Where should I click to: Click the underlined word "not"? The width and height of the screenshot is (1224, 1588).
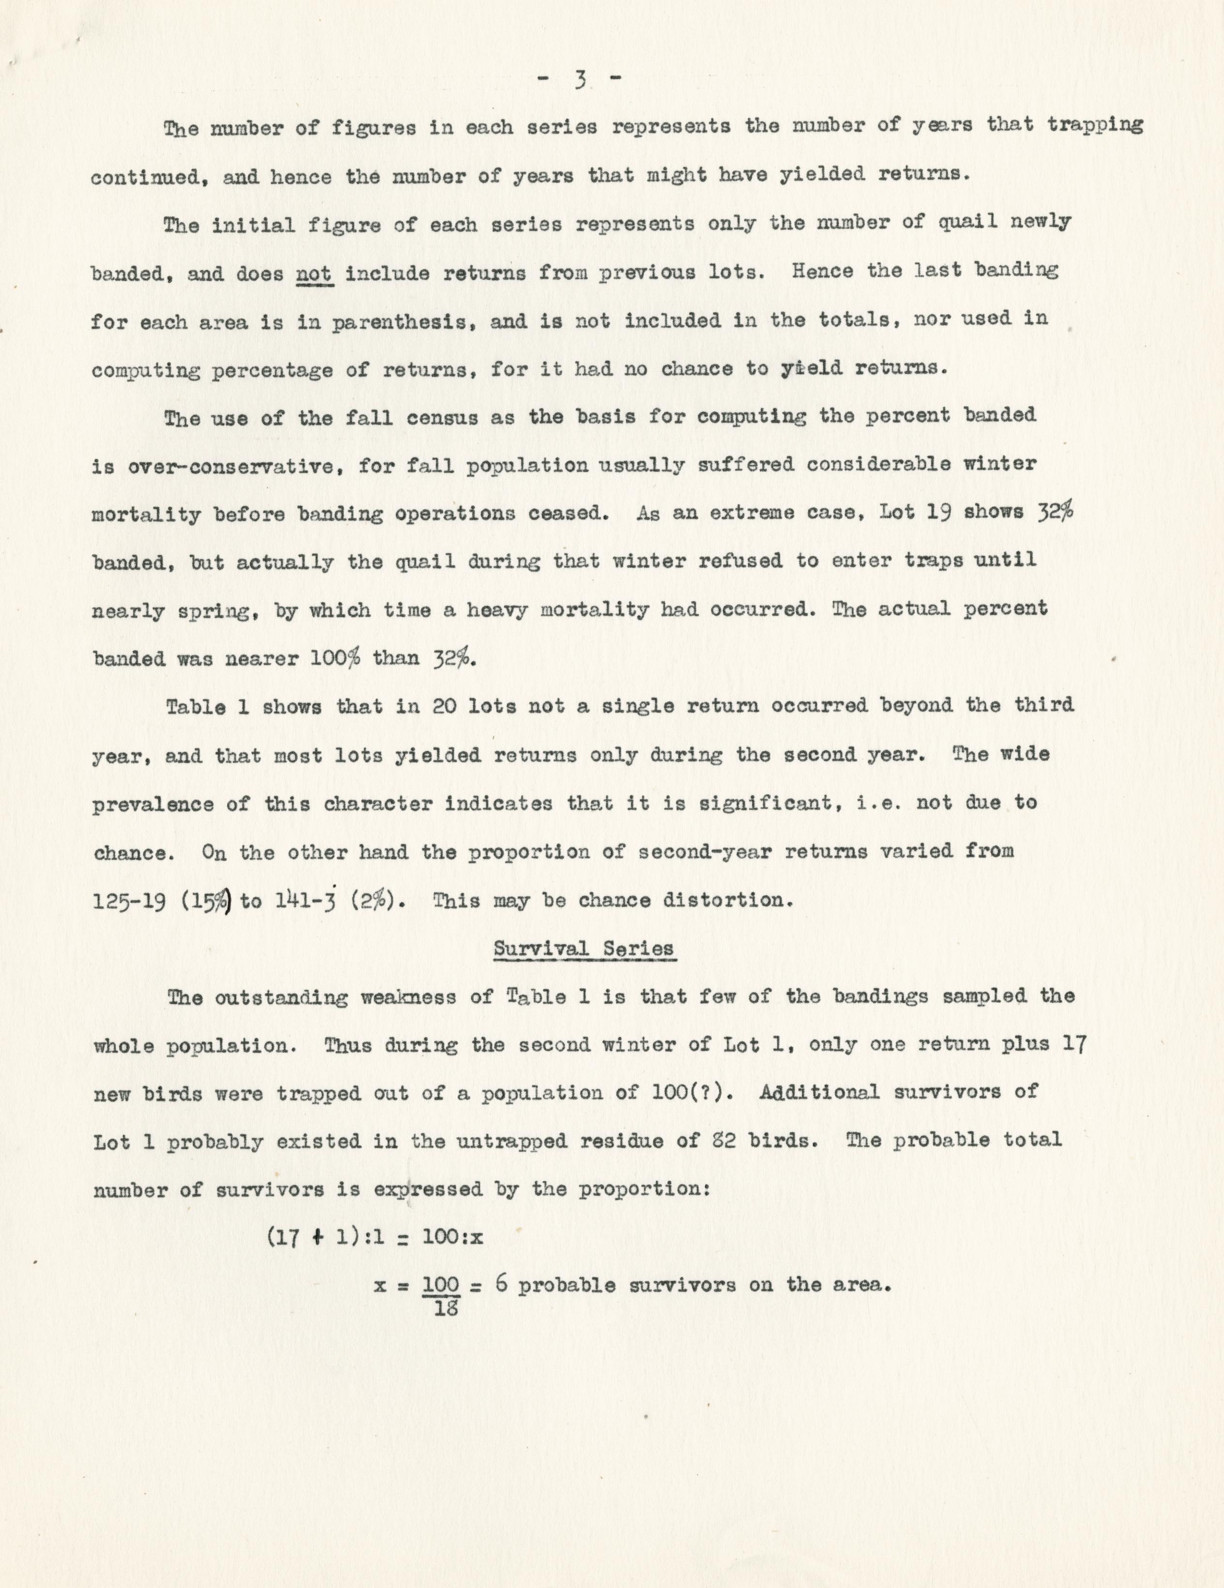click(314, 274)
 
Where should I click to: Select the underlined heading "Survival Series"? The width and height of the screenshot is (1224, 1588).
click(584, 948)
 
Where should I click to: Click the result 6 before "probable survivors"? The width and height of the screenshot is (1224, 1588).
click(501, 1284)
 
